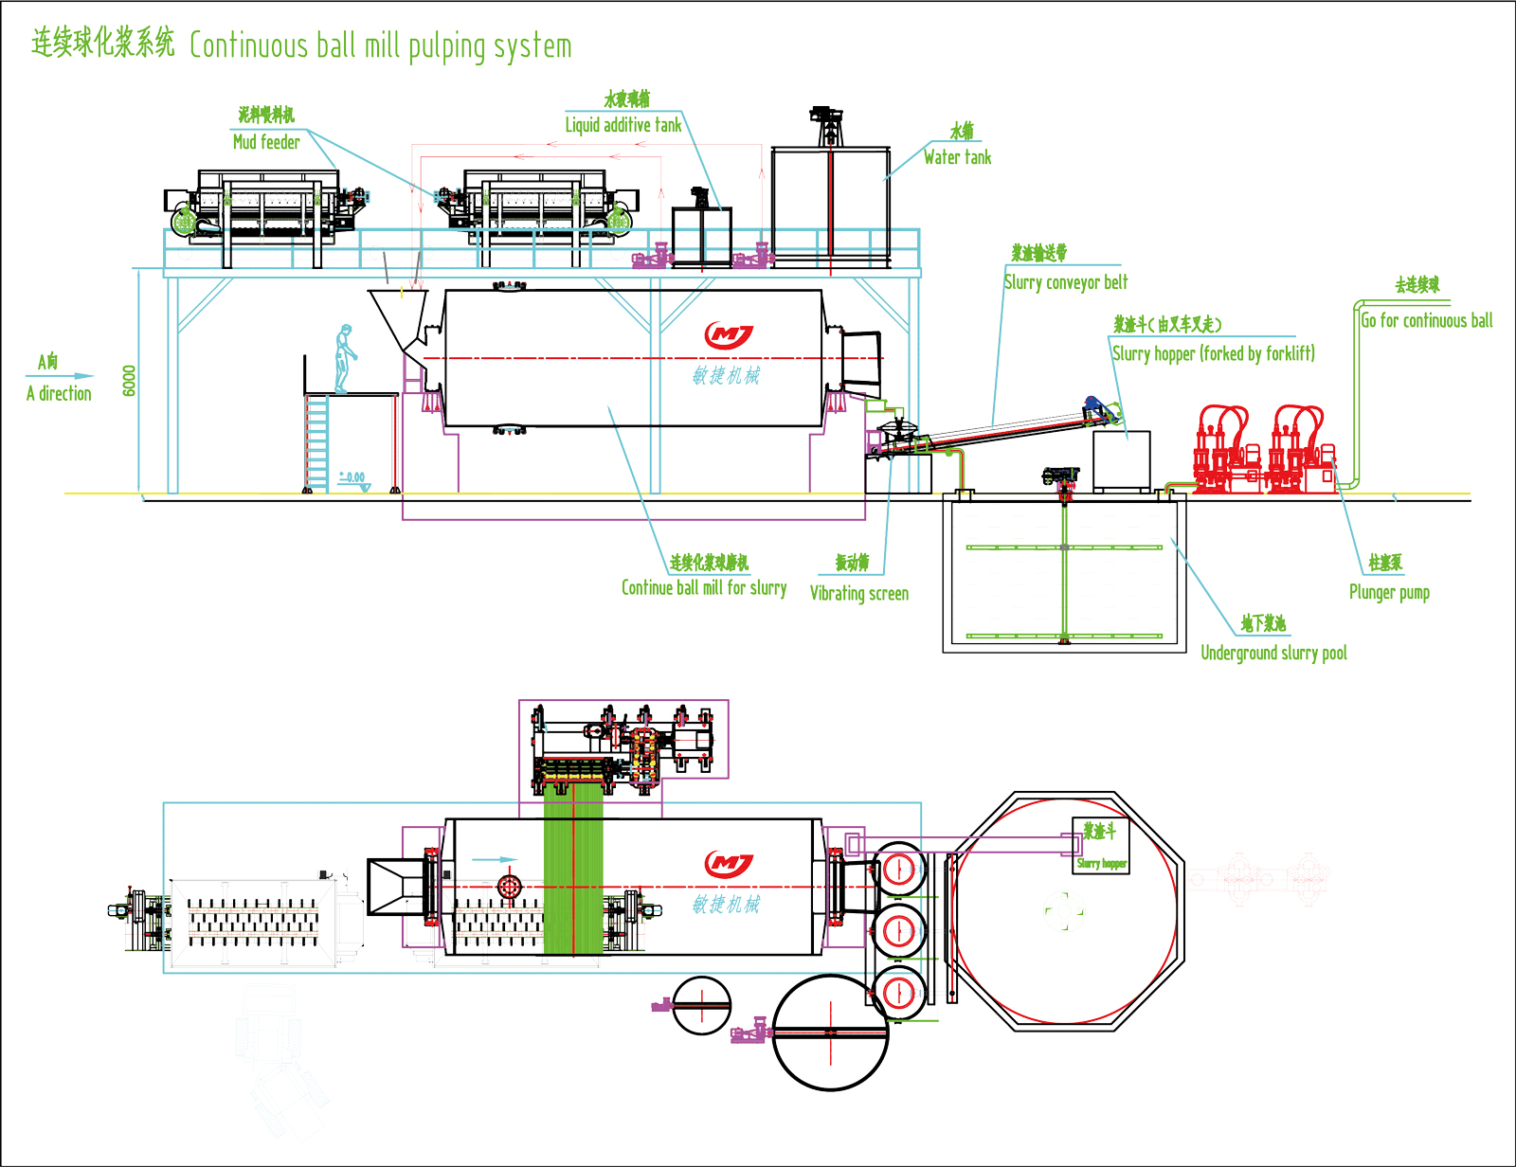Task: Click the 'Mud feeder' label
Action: tap(266, 142)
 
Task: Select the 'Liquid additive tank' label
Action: tap(623, 125)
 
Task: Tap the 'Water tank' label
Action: tap(957, 157)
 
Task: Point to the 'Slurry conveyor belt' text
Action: tap(1066, 282)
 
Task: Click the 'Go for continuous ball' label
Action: tap(1426, 321)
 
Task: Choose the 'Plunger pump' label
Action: tap(1389, 593)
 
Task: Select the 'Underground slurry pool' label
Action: tap(1273, 653)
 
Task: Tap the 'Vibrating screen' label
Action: tap(858, 594)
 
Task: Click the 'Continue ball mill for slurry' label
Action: tap(704, 588)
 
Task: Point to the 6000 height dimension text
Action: tap(130, 381)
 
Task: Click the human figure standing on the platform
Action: tap(345, 358)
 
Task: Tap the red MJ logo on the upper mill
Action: tap(729, 335)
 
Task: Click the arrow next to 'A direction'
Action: tap(78, 376)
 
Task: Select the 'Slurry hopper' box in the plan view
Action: tap(1100, 845)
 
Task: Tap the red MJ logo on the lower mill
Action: tap(729, 864)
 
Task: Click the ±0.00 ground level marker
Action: tap(352, 478)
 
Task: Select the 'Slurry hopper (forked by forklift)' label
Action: tap(1213, 354)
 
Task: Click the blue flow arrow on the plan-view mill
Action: tap(494, 860)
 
